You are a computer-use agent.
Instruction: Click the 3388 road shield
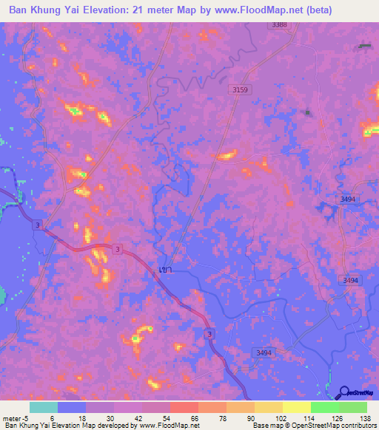[279, 25]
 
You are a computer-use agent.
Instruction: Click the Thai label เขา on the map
[165, 270]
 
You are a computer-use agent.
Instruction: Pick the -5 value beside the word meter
[25, 418]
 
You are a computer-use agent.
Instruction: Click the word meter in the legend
[11, 418]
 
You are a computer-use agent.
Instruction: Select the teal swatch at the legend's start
[44, 407]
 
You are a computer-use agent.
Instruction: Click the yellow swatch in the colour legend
[297, 407]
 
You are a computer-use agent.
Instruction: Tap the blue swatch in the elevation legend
[72, 407]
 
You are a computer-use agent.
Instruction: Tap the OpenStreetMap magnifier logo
[344, 393]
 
